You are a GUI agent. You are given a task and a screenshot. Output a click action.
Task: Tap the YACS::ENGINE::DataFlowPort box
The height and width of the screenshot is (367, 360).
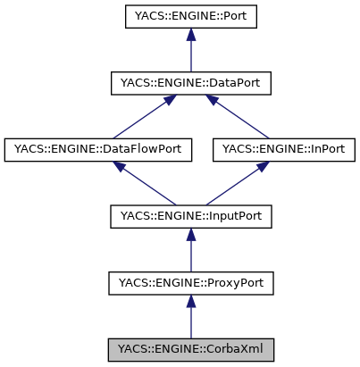pos(98,149)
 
